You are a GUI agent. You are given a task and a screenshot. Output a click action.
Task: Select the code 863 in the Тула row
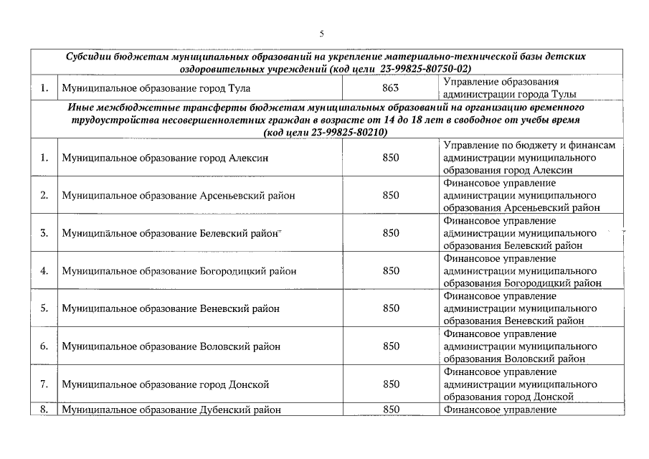coord(391,88)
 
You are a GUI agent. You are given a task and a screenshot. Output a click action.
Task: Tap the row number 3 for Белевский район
coord(44,233)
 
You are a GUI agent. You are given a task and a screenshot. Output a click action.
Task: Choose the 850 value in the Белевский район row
coord(391,233)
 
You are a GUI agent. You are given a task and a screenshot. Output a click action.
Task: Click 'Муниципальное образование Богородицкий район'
coord(179,271)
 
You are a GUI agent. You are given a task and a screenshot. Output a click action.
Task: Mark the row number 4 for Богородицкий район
coord(44,271)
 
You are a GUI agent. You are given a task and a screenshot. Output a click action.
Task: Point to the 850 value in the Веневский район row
coord(391,308)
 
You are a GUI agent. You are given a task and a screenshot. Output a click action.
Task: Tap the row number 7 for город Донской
coord(44,384)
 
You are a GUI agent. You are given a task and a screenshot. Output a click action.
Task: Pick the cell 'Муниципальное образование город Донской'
coord(165,384)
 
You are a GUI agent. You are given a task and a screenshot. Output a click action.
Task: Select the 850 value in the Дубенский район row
coord(391,410)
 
